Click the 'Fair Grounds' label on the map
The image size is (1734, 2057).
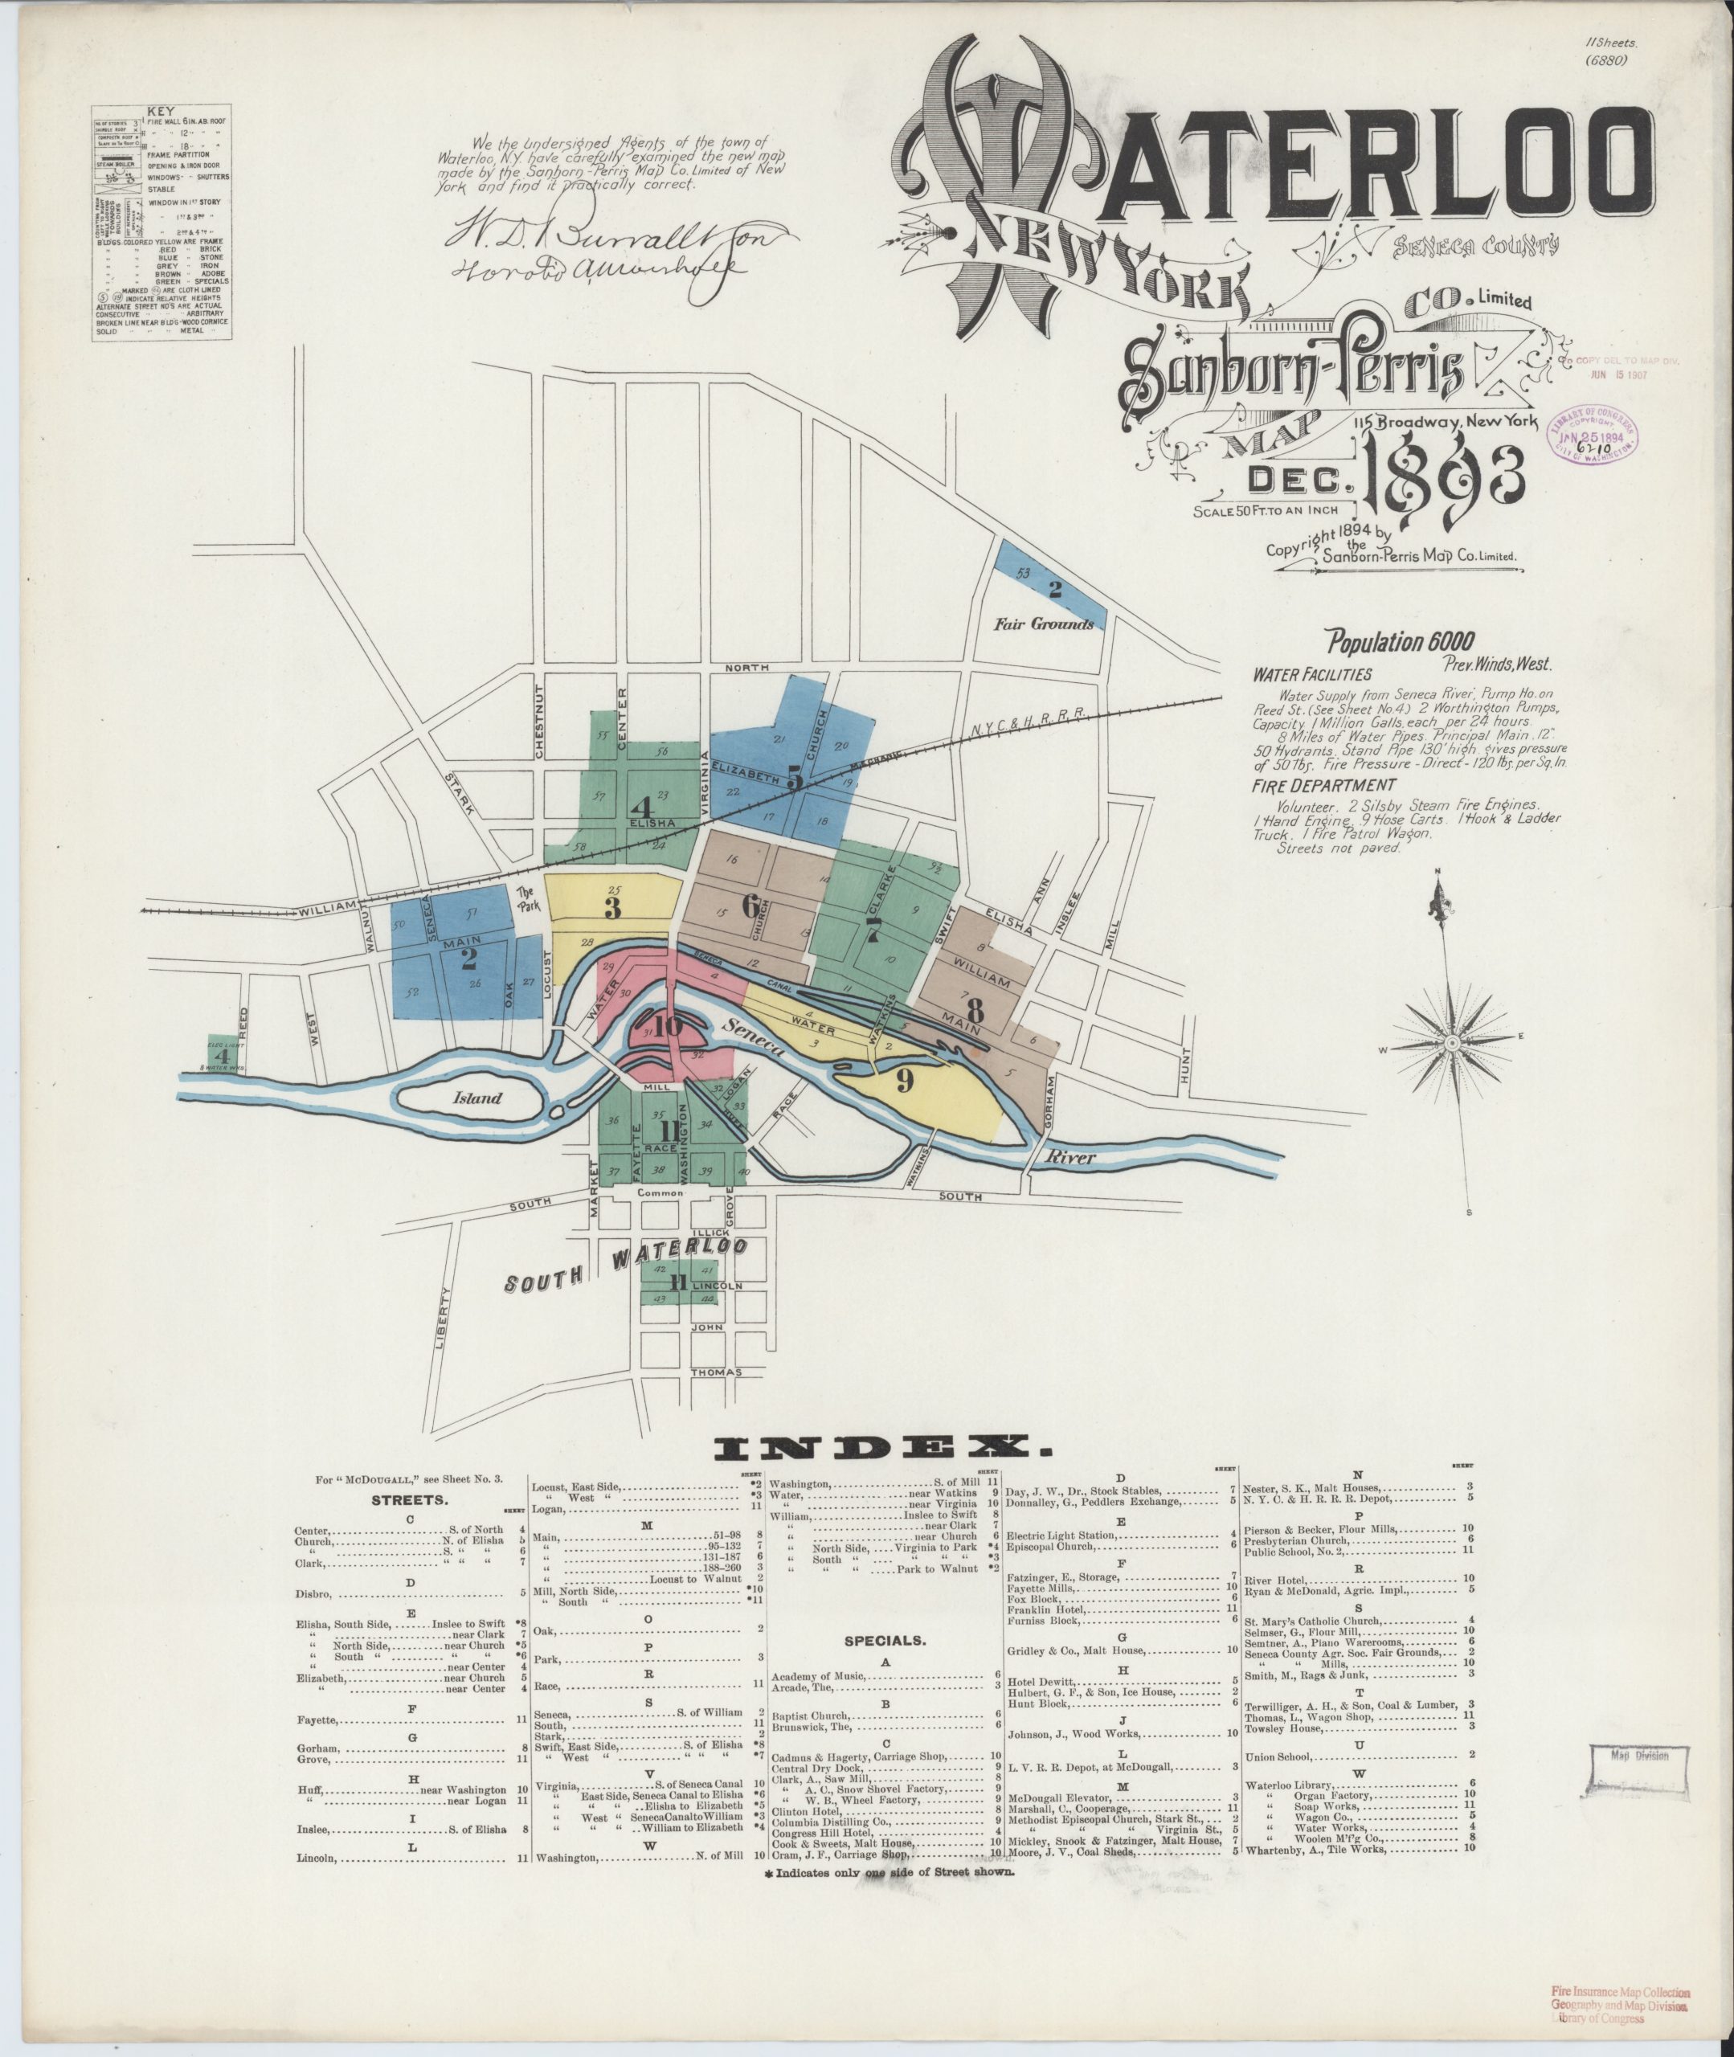click(x=1043, y=623)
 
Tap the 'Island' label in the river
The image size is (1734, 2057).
click(x=478, y=1097)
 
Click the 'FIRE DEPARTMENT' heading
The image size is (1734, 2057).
click(x=1324, y=784)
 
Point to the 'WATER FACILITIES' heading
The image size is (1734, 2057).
click(x=1312, y=677)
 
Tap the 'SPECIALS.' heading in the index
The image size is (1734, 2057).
click(x=884, y=1640)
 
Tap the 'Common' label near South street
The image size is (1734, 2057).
click(x=659, y=1193)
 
